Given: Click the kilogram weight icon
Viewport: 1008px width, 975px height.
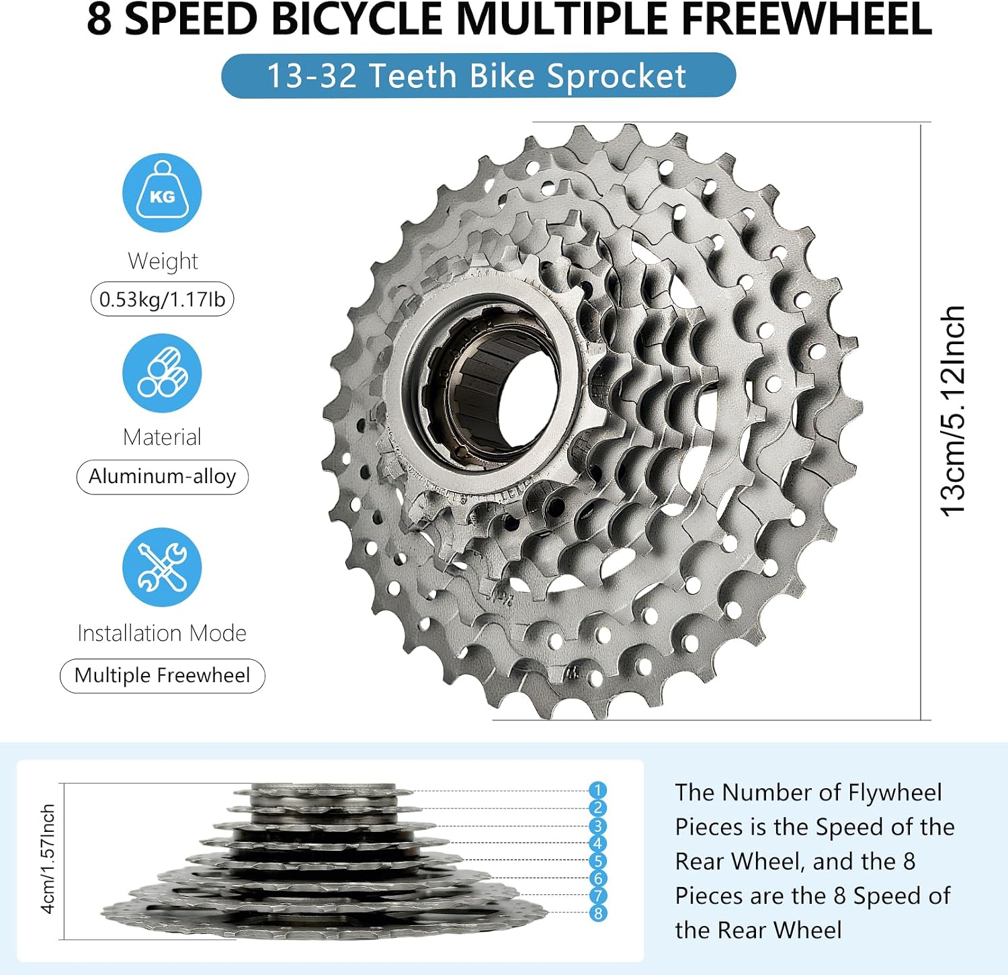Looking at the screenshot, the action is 162,193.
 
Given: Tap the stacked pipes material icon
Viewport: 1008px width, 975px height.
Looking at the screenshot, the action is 162,373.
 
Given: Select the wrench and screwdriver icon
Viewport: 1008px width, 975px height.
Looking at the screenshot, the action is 162,567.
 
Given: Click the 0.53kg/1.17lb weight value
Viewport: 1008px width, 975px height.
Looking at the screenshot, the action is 163,299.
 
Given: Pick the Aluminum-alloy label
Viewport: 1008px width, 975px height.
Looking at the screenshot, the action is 163,476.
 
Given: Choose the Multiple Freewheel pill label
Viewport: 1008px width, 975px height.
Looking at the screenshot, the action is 163,675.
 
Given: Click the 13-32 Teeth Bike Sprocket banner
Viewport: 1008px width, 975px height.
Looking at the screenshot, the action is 478,75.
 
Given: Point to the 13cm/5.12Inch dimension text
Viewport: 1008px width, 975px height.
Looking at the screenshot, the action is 952,411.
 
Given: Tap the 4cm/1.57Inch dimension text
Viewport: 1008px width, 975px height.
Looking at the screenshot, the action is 48,859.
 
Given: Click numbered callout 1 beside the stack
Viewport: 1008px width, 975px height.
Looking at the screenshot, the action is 597,790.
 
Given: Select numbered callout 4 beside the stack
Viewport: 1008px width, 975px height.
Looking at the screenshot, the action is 597,843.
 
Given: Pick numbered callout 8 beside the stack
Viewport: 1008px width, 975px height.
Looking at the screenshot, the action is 597,913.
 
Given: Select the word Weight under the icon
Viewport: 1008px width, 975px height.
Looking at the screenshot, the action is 163,261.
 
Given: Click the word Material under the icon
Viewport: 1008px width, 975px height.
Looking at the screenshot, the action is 163,437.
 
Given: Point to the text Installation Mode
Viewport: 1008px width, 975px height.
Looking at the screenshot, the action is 162,633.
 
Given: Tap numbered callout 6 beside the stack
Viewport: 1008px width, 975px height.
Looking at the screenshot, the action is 597,878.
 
